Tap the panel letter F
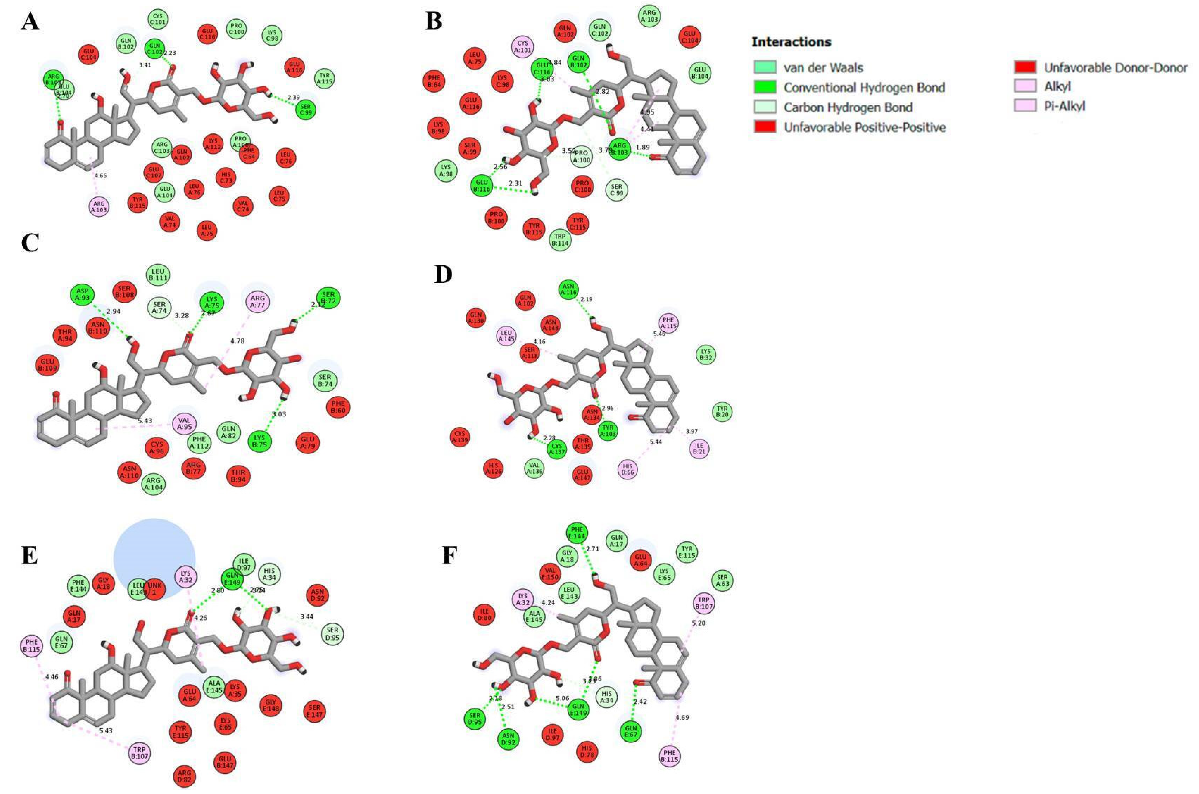tap(450, 555)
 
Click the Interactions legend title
tap(791, 42)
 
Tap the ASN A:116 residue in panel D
tap(569, 290)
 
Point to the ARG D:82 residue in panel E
tap(184, 776)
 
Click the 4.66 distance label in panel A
tap(101, 176)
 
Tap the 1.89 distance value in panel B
tap(643, 147)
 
